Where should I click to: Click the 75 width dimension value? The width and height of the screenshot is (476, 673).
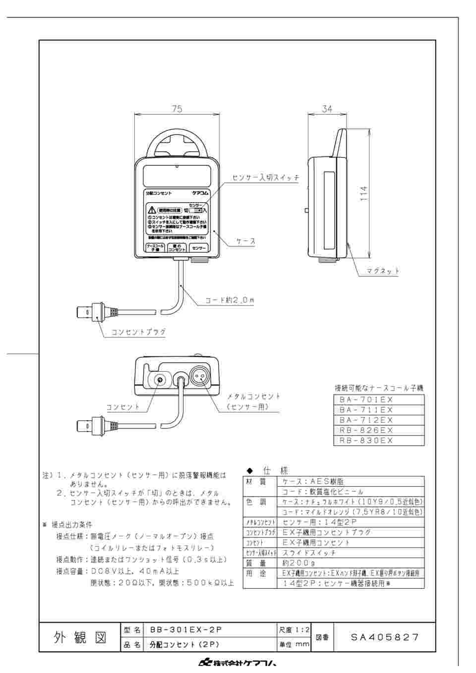point(177,109)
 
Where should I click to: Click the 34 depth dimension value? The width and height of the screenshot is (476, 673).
point(327,109)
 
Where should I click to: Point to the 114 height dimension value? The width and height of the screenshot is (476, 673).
point(363,193)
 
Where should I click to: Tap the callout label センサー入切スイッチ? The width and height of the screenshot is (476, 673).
point(266,177)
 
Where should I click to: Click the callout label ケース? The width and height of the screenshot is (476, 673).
point(246,241)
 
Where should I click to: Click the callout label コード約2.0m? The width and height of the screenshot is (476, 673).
point(230,300)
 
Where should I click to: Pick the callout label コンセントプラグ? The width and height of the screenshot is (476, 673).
point(138,332)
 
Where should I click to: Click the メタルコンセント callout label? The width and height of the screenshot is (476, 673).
point(253,396)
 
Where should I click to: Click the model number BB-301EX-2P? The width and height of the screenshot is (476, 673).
point(185,630)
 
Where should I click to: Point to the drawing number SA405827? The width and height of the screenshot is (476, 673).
point(385,637)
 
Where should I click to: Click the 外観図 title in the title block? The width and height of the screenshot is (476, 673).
point(80,637)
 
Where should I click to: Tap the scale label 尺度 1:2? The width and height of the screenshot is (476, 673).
point(295,630)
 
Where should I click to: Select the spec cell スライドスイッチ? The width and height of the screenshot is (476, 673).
point(309,553)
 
